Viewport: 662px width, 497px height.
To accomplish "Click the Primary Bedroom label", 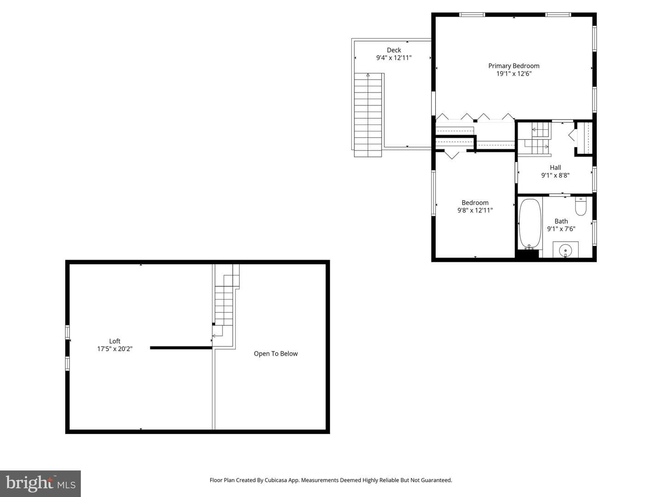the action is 514,66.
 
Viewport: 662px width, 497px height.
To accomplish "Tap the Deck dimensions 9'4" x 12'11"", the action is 394,58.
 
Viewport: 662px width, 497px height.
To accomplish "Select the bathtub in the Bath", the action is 530,224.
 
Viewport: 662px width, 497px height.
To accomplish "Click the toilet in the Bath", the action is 581,206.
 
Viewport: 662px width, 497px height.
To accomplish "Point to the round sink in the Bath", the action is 565,250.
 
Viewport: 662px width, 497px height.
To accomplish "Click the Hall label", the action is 555,168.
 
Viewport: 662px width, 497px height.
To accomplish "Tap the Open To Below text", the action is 276,354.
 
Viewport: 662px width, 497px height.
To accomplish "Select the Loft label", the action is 114,341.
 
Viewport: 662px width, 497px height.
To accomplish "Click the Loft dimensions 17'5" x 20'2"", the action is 114,349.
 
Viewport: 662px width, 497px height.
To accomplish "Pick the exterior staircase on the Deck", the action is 368,115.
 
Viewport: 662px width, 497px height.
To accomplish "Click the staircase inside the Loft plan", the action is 225,305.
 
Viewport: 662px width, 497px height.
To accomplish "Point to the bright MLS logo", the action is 40,483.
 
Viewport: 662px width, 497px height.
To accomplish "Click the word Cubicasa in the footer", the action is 276,480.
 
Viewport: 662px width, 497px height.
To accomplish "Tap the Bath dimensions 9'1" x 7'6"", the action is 561,229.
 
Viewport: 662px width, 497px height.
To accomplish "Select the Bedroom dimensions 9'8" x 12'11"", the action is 475,210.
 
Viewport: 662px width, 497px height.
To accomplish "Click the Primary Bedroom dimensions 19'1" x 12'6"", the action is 514,74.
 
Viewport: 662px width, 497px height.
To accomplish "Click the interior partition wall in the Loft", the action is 181,348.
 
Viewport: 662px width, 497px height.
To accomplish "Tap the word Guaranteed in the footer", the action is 436,480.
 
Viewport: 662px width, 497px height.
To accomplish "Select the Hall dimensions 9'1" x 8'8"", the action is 555,175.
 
